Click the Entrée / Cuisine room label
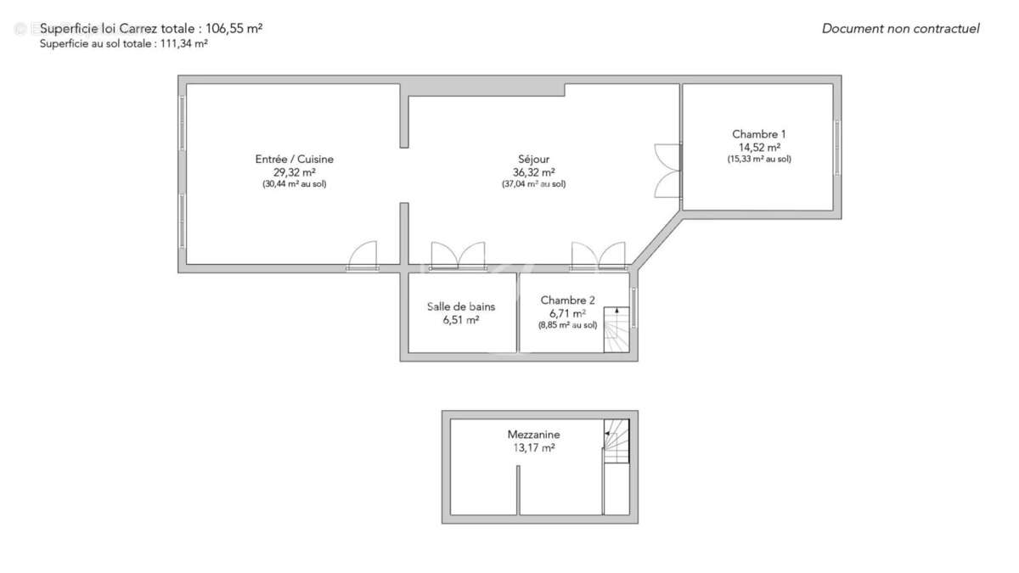pyautogui.click(x=294, y=159)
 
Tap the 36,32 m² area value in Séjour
pyautogui.click(x=533, y=171)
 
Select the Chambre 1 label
pyautogui.click(x=758, y=134)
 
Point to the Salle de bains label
pyautogui.click(x=461, y=306)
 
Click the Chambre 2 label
pyautogui.click(x=567, y=300)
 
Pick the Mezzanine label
pyautogui.click(x=533, y=435)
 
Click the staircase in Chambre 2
pyautogui.click(x=616, y=329)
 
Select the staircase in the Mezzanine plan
pyautogui.click(x=616, y=441)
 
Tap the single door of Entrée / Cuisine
pyautogui.click(x=363, y=256)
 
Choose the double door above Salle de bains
pyautogui.click(x=458, y=256)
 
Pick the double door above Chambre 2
pyautogui.click(x=599, y=256)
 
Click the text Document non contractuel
pyautogui.click(x=900, y=29)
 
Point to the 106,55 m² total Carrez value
pyautogui.click(x=234, y=28)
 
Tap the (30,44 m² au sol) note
pyautogui.click(x=294, y=183)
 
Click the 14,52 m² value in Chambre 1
pyautogui.click(x=758, y=147)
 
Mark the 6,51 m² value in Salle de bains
pyautogui.click(x=461, y=320)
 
